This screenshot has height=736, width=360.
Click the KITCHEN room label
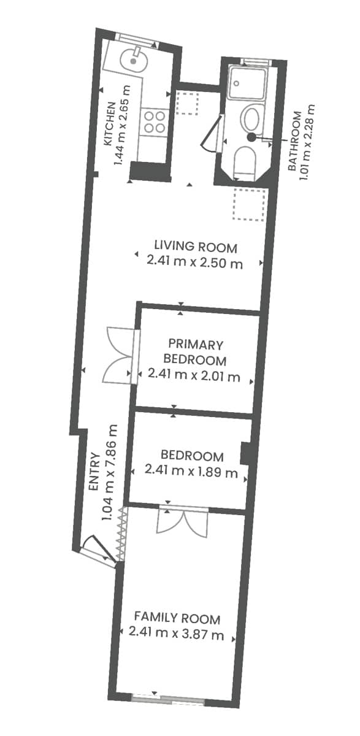(109, 123)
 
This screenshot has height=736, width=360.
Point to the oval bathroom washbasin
(251, 118)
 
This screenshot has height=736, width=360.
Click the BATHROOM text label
(294, 141)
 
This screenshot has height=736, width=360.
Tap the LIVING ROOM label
(195, 247)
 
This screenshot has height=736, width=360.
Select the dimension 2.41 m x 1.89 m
(191, 472)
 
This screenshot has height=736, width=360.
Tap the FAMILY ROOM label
(177, 618)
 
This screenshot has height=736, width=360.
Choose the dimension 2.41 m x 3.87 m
(177, 634)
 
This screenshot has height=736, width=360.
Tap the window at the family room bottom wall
(168, 698)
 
